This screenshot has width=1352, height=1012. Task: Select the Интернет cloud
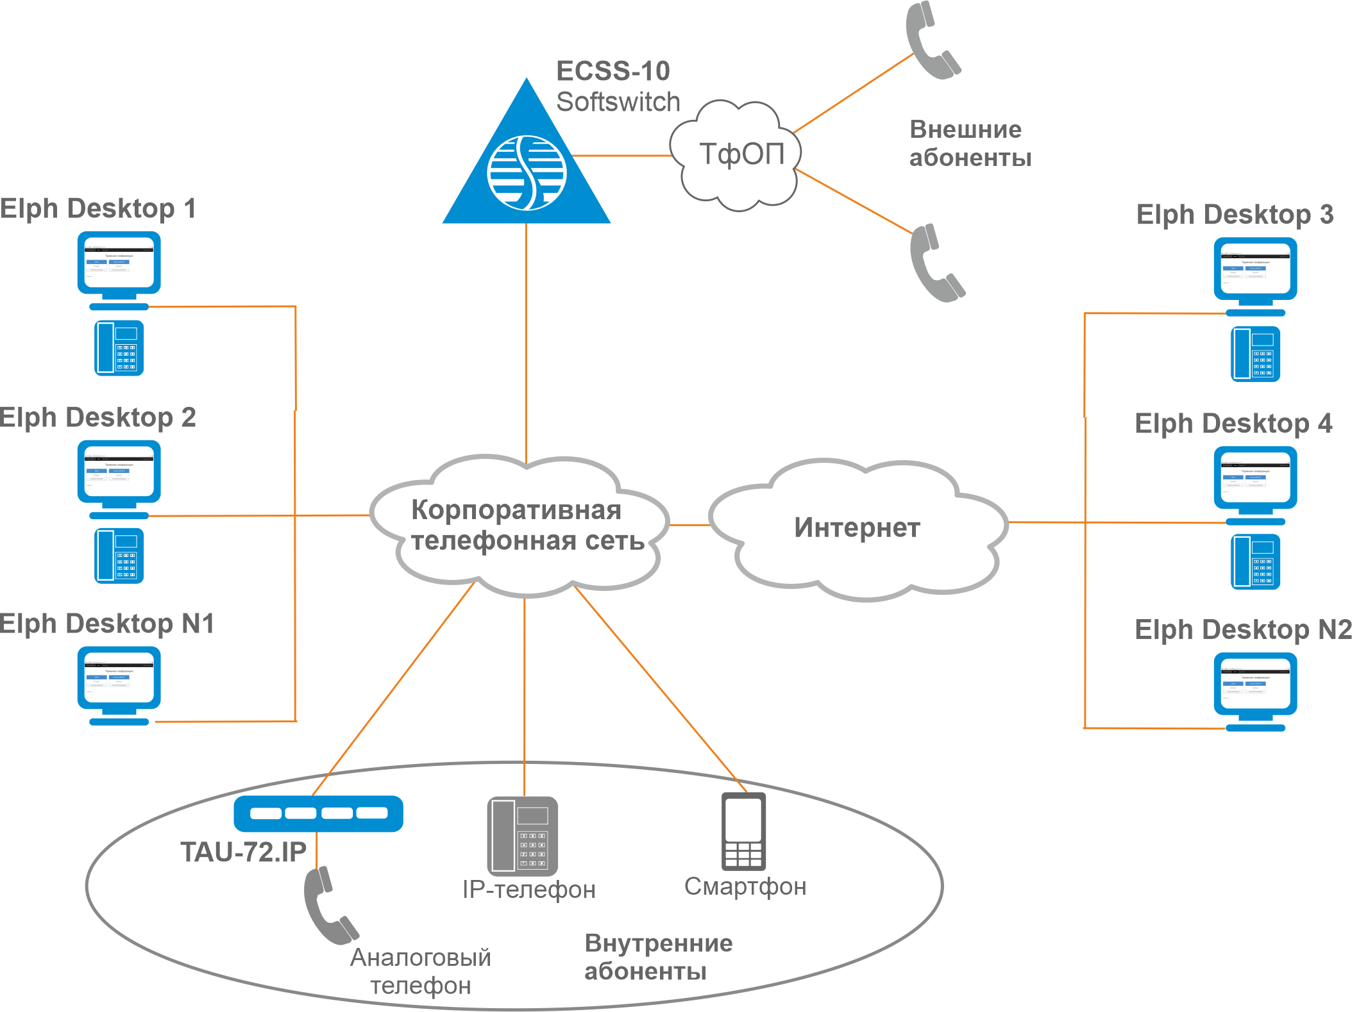point(858,528)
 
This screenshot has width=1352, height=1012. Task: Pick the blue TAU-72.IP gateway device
point(319,813)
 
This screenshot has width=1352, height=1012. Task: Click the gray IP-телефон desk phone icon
point(523,836)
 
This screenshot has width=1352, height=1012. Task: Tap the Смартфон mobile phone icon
point(743,831)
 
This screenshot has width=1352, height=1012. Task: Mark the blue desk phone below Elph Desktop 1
point(119,348)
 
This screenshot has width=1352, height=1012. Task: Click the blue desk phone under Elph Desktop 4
point(1255,561)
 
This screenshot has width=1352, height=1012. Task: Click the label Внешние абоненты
point(969,144)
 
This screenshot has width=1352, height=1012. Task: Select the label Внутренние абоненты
point(658,957)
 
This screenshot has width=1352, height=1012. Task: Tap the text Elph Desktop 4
point(1233,424)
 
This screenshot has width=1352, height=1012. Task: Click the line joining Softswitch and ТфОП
point(621,155)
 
